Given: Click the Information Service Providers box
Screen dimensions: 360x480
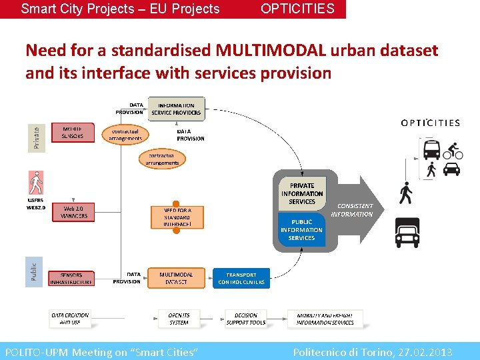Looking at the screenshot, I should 177,109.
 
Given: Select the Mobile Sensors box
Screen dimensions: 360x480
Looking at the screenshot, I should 73,132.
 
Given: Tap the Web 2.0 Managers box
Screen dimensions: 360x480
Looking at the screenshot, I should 73,213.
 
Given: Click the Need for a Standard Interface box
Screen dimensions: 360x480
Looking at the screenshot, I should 177,217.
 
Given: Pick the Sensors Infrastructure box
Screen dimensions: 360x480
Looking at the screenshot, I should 71,278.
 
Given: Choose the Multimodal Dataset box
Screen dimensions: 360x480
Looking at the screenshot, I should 177,278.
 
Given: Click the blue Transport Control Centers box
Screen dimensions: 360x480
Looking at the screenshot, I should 241,278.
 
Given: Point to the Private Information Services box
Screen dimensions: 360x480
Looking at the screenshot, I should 302,193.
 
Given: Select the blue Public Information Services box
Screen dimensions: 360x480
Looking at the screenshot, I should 301,230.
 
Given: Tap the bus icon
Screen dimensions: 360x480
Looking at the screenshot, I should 431,149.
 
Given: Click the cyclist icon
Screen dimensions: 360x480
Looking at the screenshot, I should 453,149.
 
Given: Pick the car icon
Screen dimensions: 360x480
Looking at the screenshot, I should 452,169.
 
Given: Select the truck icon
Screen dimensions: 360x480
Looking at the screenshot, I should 407,233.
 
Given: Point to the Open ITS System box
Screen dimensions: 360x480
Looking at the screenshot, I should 179,319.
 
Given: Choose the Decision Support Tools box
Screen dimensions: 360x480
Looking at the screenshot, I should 245,319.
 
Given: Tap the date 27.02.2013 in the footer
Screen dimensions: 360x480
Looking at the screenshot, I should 425,352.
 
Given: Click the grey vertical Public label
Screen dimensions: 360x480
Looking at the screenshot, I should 34,271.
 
